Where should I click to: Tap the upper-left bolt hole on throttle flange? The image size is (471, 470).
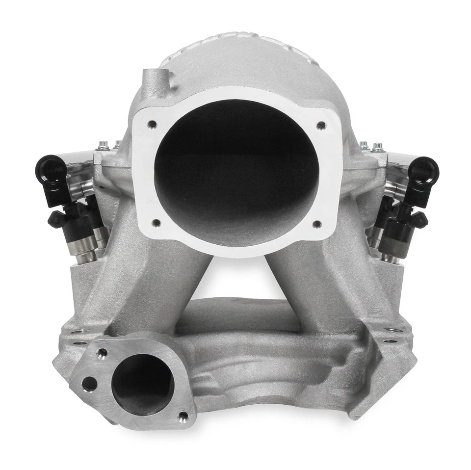coord(153,124)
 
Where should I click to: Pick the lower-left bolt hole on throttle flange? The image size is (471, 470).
coord(156,223)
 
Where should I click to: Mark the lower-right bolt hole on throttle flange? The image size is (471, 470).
coord(316,224)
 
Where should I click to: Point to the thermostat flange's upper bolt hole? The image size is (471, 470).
coord(102,353)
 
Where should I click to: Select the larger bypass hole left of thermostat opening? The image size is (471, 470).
coord(89,384)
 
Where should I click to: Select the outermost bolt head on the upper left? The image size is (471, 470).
coord(103,145)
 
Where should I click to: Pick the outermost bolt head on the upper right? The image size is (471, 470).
coord(377,146)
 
